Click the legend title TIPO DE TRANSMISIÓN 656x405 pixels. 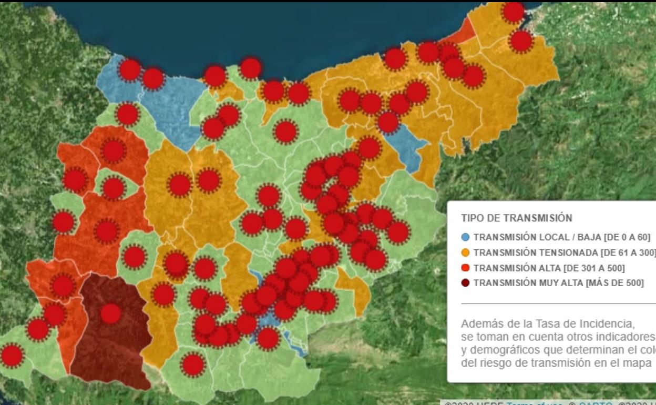516,218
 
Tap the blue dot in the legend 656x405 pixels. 465,237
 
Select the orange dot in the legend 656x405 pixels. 465,252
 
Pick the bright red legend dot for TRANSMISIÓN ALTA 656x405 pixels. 465,268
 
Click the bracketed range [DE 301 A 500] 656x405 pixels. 593,268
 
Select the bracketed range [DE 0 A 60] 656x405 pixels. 628,237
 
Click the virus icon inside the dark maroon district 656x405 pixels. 110,314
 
